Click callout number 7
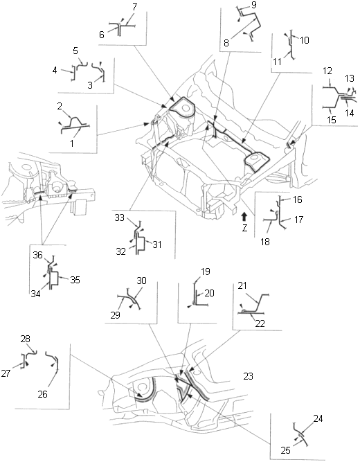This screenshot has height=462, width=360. pyautogui.click(x=134, y=8)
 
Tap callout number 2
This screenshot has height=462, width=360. pyautogui.click(x=60, y=107)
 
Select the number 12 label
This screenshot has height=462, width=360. pyautogui.click(x=327, y=71)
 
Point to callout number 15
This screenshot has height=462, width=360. pyautogui.click(x=332, y=120)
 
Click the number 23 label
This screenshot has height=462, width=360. pyautogui.click(x=248, y=376)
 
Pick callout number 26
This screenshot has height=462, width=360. pyautogui.click(x=43, y=394)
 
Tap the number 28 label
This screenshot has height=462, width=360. pyautogui.click(x=26, y=339)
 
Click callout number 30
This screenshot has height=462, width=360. pyautogui.click(x=141, y=281)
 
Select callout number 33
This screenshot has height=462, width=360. pyautogui.click(x=120, y=217)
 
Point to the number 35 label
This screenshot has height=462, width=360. pyautogui.click(x=75, y=280)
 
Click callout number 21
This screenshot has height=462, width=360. pyautogui.click(x=242, y=286)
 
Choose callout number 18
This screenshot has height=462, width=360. pyautogui.click(x=265, y=242)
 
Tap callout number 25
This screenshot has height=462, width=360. pyautogui.click(x=285, y=450)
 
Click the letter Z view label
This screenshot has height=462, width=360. pyautogui.click(x=244, y=228)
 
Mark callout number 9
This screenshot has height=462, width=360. pyautogui.click(x=254, y=5)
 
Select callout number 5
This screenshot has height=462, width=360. pyautogui.click(x=75, y=51)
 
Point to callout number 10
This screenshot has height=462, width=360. pyautogui.click(x=305, y=40)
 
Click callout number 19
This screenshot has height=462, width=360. pyautogui.click(x=205, y=272)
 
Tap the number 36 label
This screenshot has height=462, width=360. pyautogui.click(x=37, y=255)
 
